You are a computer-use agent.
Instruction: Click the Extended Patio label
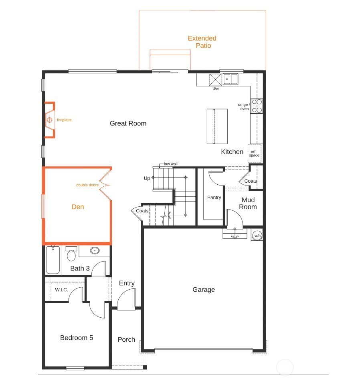point(202,42)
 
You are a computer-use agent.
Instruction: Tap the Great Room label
point(128,123)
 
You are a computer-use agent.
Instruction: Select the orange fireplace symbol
point(49,120)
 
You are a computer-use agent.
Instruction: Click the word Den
point(78,207)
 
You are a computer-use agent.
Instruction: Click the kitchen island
point(217,126)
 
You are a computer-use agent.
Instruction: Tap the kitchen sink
point(231,79)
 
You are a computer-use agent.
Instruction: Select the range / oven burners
point(257,105)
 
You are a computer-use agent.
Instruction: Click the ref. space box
point(255,153)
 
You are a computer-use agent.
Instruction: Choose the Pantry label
point(214,198)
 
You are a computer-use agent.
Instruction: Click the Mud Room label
point(248,204)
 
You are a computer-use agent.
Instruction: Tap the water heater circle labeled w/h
point(257,236)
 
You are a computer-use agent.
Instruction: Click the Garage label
point(204,290)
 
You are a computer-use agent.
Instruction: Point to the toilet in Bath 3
point(71,254)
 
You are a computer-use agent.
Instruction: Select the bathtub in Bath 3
point(53,261)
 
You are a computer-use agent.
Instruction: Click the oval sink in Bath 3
point(95,251)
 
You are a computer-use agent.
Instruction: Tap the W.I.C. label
point(61,289)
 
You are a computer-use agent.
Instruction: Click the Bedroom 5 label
point(77,338)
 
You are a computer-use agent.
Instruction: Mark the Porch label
point(126,339)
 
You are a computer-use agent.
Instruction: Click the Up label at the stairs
point(147,178)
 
